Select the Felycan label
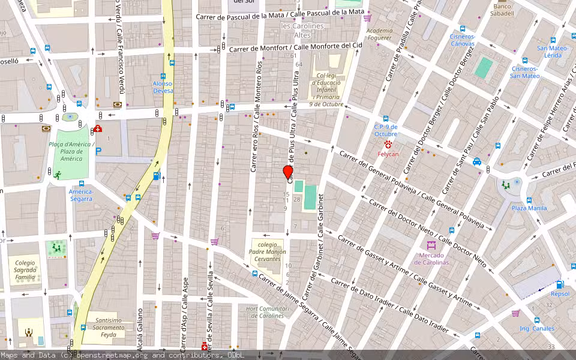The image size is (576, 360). [388, 154]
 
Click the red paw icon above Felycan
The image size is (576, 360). [388, 145]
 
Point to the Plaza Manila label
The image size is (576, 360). [529, 208]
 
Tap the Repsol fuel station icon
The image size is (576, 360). [560, 284]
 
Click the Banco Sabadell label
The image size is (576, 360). [502, 9]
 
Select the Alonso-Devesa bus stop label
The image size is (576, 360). [163, 87]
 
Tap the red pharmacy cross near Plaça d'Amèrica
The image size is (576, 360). [98, 130]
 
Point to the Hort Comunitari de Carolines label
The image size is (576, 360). [264, 311]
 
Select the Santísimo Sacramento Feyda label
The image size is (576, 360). [109, 328]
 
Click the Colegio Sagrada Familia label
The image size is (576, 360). [26, 270]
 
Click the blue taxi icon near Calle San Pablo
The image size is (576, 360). [476, 161]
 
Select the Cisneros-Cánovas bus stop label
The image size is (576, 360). [462, 40]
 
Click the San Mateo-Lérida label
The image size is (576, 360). [552, 52]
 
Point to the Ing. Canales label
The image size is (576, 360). [537, 328]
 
